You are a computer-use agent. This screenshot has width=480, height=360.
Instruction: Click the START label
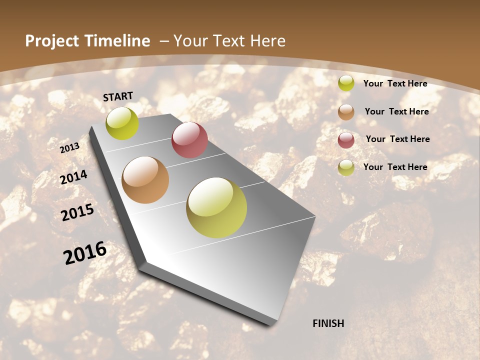pyautogui.click(x=118, y=96)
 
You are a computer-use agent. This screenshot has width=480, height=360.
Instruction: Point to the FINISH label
pyautogui.click(x=328, y=323)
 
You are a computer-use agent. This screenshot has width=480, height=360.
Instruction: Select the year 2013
pyautogui.click(x=69, y=148)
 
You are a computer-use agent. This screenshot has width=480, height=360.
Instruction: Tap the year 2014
pyautogui.click(x=74, y=177)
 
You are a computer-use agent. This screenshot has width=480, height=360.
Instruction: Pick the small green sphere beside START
pyautogui.click(x=122, y=123)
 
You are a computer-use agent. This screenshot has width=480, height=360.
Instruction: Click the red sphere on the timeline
pyautogui.click(x=189, y=140)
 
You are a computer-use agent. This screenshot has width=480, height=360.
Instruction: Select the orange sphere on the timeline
pyautogui.click(x=145, y=180)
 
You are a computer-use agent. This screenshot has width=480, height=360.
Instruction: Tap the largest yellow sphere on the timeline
pyautogui.click(x=216, y=207)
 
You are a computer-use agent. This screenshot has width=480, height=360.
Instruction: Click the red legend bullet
pyautogui.click(x=346, y=140)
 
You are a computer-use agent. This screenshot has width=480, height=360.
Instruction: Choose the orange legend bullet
pyautogui.click(x=346, y=112)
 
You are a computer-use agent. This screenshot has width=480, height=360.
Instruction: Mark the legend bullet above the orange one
pyautogui.click(x=346, y=83)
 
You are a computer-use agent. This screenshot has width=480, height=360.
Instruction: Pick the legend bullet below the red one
pyautogui.click(x=346, y=167)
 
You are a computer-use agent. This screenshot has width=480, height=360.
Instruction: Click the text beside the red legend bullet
pyautogui.click(x=397, y=139)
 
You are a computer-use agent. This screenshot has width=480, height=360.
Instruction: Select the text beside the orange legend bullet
pyautogui.click(x=396, y=111)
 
